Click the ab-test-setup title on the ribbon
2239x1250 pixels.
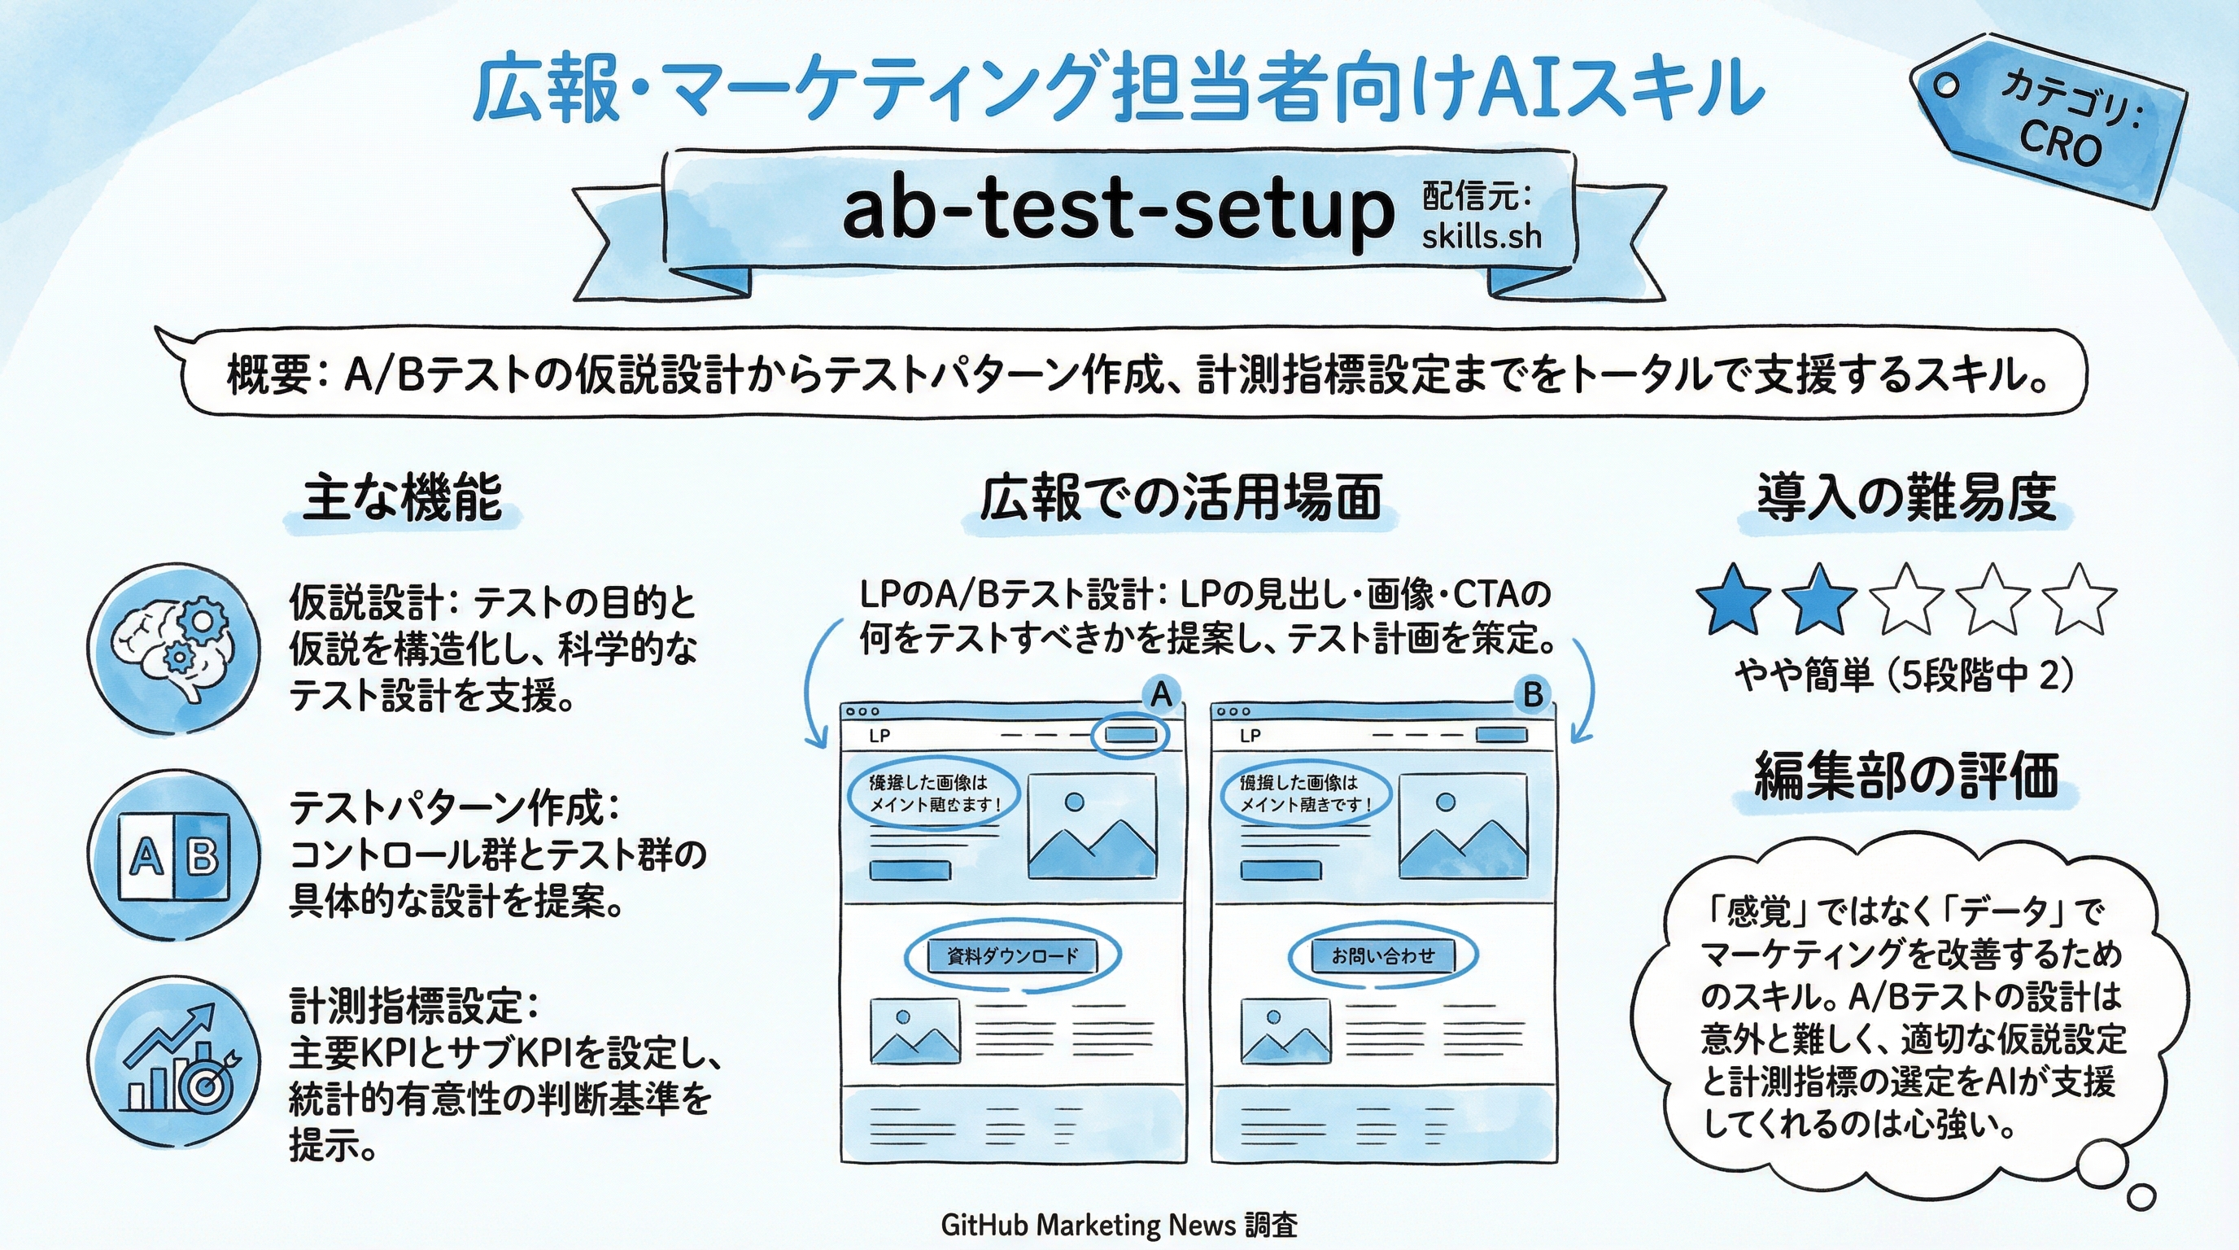point(1116,212)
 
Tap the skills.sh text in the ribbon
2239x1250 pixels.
point(1481,237)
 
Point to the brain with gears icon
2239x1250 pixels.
point(173,649)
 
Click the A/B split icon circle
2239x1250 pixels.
point(173,857)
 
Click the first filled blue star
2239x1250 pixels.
point(1733,600)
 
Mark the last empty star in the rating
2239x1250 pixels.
point(2079,600)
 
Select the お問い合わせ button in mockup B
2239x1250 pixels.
point(1383,956)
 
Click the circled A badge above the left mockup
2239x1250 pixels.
point(1161,694)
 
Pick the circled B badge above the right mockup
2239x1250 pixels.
point(1532,694)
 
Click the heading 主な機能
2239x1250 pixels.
point(403,498)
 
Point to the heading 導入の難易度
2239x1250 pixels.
point(1907,498)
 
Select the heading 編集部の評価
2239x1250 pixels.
point(1907,775)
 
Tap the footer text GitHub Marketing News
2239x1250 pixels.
point(1087,1226)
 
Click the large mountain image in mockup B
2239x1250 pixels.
point(1463,826)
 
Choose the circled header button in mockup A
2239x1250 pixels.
point(1131,736)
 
